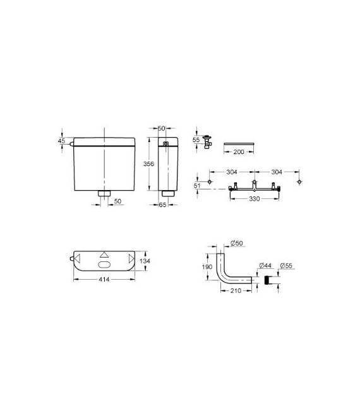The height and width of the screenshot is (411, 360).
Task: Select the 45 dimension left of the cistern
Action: coord(61,141)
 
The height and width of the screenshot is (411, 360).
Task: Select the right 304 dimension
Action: coord(277,170)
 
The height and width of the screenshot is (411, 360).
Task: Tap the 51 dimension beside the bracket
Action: coord(196,184)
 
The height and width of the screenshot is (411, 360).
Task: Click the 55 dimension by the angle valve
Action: coord(196,140)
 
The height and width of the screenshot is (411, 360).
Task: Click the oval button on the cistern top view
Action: coord(104,265)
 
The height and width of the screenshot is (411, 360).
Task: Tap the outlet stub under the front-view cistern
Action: coord(104,193)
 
